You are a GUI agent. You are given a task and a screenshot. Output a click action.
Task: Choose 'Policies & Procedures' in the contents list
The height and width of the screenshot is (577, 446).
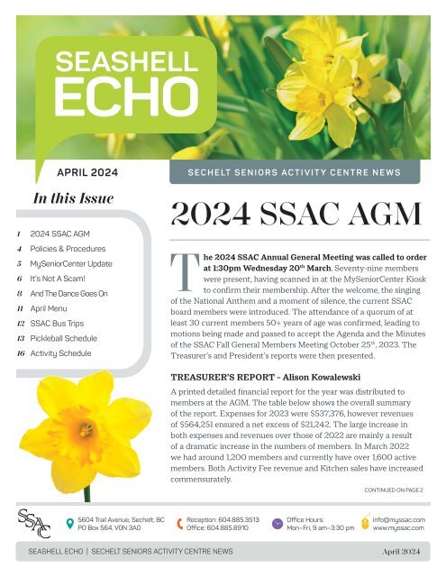[x=68, y=248]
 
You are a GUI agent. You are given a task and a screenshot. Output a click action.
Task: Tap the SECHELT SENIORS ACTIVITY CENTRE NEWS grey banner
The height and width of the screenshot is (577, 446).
[x=294, y=172]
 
